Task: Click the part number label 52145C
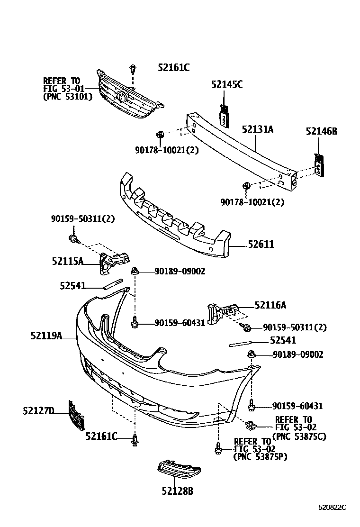pos(226,84)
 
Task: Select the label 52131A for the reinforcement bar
pos(258,129)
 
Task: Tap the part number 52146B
pos(321,131)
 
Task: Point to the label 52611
pos(261,245)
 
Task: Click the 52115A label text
pos(67,261)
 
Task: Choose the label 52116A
pos(270,306)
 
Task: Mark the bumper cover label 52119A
pos(46,336)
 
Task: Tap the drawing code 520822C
pos(332,507)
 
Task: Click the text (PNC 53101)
pos(67,96)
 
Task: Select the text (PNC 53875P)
pos(260,457)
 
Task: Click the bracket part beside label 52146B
pos(321,164)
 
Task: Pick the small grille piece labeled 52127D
pos(76,416)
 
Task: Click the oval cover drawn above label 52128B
pos(178,471)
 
